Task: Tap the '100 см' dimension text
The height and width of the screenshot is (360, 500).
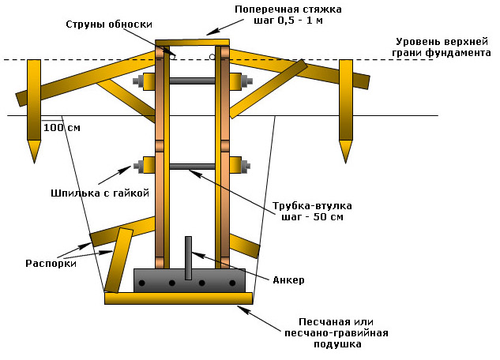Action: [x=62, y=127]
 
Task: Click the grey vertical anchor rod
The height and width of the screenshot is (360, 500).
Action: [x=189, y=257]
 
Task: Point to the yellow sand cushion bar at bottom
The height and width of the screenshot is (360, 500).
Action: [x=179, y=298]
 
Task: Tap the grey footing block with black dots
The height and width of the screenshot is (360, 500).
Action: [x=190, y=280]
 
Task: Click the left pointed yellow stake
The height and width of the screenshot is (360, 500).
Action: [x=34, y=107]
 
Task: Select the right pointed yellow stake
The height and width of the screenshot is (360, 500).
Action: [x=345, y=107]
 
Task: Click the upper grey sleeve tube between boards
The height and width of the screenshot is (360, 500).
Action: [x=192, y=81]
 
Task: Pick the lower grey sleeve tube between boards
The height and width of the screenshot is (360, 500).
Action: [x=192, y=166]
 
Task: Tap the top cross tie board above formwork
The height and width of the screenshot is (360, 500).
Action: [x=192, y=43]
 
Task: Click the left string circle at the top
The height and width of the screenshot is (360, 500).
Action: [x=172, y=57]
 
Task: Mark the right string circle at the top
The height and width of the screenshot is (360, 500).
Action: [x=212, y=57]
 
